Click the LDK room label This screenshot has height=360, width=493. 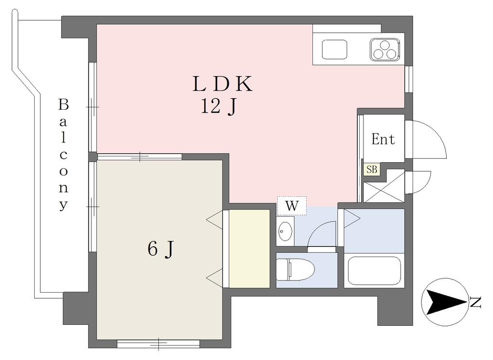click(222, 84)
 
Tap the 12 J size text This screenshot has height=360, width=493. click(219, 106)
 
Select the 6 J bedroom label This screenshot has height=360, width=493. click(160, 249)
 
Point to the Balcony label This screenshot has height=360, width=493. click(64, 154)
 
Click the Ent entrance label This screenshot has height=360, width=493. click(383, 139)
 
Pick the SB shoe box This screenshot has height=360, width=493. click(372, 169)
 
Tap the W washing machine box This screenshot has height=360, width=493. click(292, 206)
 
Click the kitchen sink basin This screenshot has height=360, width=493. click(335, 50)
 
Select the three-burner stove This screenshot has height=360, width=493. click(385, 50)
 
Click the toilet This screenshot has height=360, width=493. click(296, 270)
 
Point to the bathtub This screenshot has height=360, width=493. click(374, 270)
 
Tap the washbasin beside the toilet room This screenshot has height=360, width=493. click(285, 231)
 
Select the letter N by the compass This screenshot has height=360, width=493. click(476, 302)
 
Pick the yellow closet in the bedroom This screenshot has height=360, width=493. click(249, 248)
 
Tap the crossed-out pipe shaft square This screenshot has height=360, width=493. click(384, 186)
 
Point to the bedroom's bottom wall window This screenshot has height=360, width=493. click(158, 343)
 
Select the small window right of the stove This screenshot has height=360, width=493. click(408, 79)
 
